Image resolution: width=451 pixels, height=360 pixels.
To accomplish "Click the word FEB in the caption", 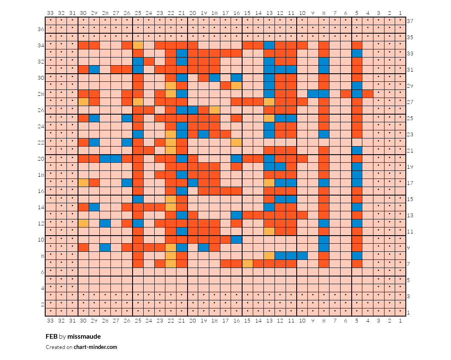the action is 52,337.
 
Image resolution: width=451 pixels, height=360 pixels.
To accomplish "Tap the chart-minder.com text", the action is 95,347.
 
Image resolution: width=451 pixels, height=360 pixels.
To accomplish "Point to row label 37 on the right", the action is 410,21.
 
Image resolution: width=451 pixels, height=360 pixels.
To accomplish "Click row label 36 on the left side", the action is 41,29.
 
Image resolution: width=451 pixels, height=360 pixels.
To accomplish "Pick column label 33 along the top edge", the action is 50,13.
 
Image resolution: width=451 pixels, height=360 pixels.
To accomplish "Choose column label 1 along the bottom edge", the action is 400,320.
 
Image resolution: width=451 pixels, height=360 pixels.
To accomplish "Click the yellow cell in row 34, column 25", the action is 138,45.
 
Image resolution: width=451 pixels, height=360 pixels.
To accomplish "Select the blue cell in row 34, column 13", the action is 269,45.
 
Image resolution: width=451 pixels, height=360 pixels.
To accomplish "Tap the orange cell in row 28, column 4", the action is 367,94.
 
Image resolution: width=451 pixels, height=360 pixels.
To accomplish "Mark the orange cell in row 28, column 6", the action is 346,94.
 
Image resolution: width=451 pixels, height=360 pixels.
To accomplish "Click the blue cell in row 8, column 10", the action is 302,256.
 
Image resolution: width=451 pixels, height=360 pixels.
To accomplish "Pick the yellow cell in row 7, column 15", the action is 247,264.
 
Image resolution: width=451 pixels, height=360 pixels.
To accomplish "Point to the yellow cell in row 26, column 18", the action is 214,110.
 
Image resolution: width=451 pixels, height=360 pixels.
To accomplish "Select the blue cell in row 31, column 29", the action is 94,69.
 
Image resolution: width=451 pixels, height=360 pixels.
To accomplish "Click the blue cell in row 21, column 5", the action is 357,150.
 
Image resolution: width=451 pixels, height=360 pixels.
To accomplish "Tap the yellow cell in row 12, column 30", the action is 84,223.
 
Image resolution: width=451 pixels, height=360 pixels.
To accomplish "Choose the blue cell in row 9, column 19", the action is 204,248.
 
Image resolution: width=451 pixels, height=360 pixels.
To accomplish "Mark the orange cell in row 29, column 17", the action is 225,86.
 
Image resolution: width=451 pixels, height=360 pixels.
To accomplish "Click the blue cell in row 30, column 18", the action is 214,78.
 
